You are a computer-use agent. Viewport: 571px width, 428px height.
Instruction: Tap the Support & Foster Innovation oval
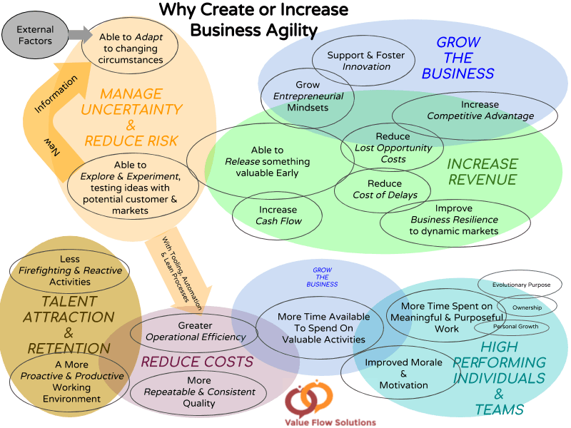(x=365, y=61)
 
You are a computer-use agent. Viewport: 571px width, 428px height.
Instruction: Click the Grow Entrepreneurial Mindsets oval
(x=308, y=96)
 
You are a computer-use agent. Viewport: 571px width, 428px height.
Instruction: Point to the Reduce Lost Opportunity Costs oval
(x=393, y=148)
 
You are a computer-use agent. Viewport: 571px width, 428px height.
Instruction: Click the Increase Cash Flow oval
(x=278, y=215)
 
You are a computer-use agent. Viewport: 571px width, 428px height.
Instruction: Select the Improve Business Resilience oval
(x=455, y=220)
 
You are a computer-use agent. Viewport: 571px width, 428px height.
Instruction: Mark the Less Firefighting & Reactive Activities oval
(x=70, y=270)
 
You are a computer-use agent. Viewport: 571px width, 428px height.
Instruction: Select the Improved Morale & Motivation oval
(x=403, y=373)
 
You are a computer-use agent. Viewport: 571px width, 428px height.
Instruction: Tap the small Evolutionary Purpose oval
(x=521, y=285)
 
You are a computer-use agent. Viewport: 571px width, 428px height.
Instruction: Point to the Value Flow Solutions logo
(x=330, y=402)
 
